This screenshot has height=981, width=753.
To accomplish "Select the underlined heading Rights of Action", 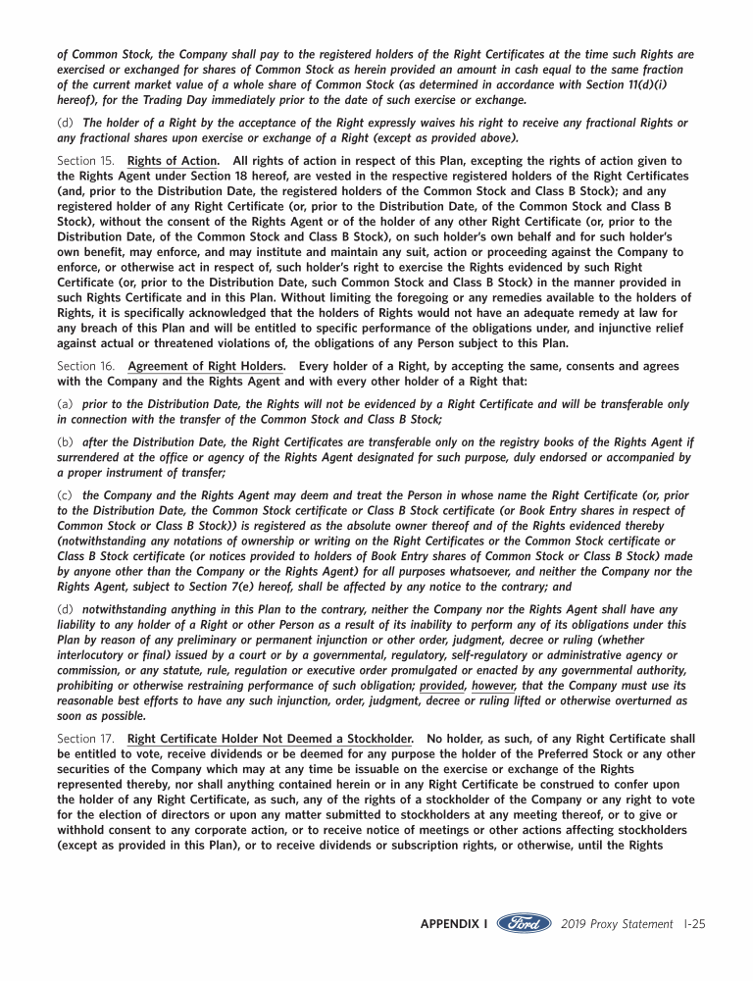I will [174, 160].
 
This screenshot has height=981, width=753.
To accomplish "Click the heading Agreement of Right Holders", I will [207, 366].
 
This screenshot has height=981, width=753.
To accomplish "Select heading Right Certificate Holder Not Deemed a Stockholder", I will [270, 739].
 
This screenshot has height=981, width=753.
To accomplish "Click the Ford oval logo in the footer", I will [525, 924].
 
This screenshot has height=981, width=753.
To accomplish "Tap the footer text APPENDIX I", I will [454, 924].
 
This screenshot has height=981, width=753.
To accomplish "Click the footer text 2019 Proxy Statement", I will [618, 924].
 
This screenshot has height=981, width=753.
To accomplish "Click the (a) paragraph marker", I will [66, 404].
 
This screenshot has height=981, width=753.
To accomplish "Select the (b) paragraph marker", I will [66, 442].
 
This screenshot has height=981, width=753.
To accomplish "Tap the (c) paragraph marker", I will [66, 495].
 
